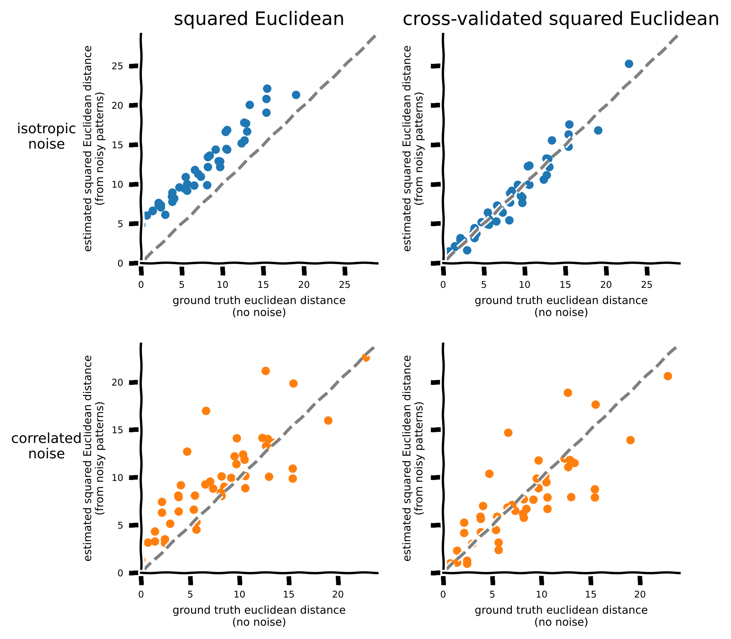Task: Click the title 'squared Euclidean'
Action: [259, 19]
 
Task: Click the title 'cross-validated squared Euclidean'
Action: [561, 19]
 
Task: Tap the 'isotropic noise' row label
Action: [47, 137]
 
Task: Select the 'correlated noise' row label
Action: [47, 446]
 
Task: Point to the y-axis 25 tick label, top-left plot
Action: [118, 66]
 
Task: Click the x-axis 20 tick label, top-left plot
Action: [304, 285]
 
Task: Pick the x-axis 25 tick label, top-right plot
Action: [647, 285]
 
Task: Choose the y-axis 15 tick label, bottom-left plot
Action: [118, 430]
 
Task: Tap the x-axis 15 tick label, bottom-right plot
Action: [591, 595]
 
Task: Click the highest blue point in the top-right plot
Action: [629, 64]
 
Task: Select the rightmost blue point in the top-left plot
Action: [296, 95]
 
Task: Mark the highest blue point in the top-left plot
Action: [267, 89]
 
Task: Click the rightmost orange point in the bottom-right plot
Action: [668, 376]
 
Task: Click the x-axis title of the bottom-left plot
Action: [259, 616]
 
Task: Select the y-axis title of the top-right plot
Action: [413, 148]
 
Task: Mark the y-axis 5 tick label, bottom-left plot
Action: [120, 525]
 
